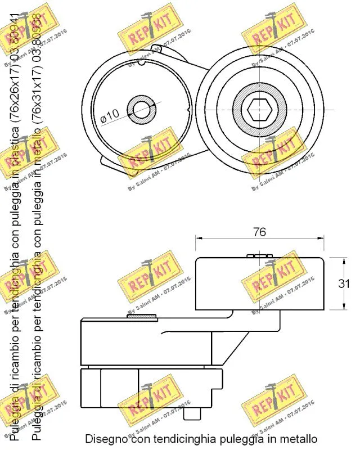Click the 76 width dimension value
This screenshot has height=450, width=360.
tap(259, 232)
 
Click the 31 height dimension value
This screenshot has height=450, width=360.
tap(344, 284)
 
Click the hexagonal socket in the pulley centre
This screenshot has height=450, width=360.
tap(258, 109)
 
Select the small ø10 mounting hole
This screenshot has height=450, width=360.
tap(140, 109)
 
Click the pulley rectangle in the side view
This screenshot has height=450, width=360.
tap(259, 284)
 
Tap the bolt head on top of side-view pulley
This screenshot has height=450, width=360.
tap(259, 256)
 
